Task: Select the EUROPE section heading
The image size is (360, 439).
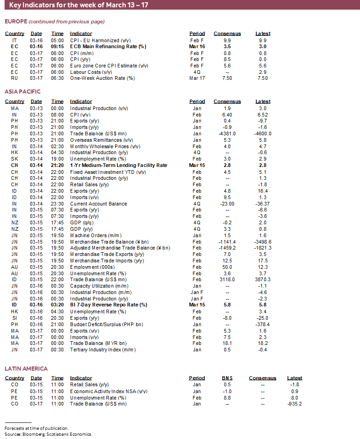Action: [16, 22]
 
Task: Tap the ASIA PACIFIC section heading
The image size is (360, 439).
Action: [23, 92]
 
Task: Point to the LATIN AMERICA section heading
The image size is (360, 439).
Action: [26, 368]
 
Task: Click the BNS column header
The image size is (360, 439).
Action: [227, 378]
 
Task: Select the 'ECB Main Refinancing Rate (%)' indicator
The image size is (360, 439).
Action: [108, 46]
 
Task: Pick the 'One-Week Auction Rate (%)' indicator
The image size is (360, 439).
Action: [102, 78]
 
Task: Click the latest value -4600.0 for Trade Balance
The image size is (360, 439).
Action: [263, 133]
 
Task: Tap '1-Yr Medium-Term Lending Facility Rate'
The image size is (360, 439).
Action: [118, 165]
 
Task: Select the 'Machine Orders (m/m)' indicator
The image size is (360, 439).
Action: [94, 235]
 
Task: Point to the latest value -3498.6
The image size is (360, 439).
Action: [263, 242]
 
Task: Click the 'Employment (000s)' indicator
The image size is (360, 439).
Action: [91, 267]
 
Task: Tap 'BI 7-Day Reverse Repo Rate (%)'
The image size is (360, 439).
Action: [108, 305]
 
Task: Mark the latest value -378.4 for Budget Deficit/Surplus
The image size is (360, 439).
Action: [263, 324]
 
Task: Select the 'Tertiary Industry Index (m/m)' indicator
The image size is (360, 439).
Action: [103, 350]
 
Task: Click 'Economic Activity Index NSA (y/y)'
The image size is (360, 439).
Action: [109, 391]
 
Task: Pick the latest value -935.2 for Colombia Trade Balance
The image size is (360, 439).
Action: [296, 404]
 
